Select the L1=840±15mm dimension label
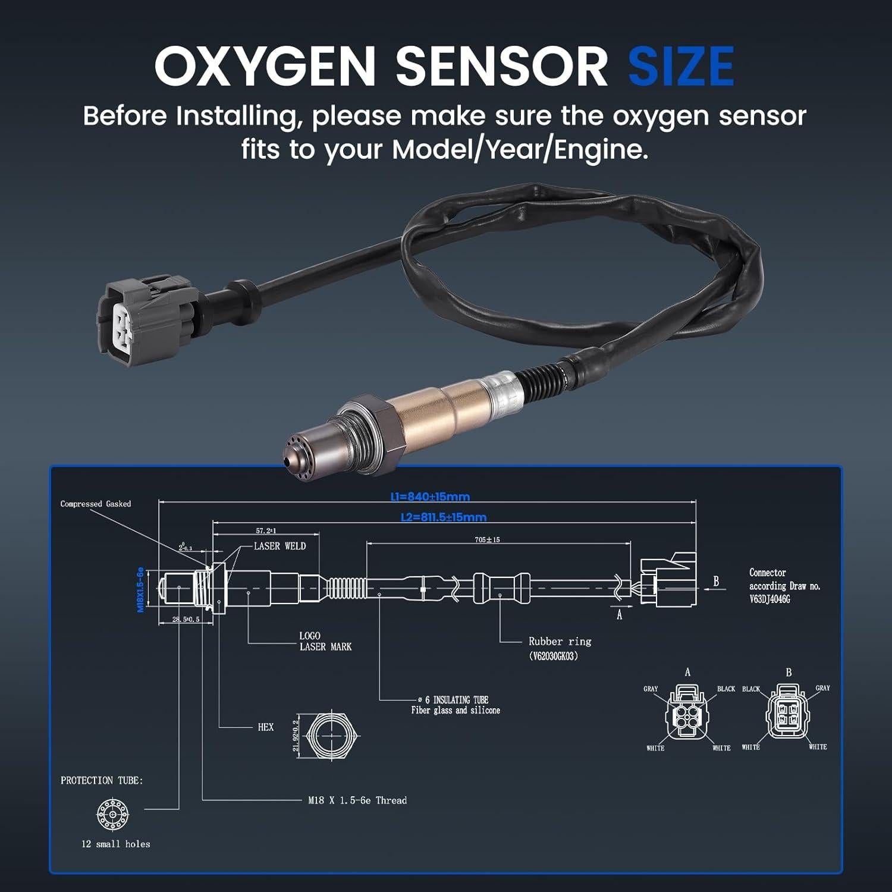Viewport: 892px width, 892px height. [430, 497]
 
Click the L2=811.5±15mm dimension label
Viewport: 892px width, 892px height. [444, 517]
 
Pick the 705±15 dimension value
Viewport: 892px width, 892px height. [487, 540]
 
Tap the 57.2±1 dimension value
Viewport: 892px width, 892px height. [266, 530]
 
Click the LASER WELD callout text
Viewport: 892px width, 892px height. [279, 546]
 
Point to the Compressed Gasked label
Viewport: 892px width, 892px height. [96, 504]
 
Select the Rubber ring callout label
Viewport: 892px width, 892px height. [560, 642]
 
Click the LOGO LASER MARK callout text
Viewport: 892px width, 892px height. [325, 642]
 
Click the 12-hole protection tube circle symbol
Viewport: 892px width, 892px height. [112, 814]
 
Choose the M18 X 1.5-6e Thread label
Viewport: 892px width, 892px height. [357, 800]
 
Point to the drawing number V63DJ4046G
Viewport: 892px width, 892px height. [769, 599]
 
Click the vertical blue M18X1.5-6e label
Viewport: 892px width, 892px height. [140, 589]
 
